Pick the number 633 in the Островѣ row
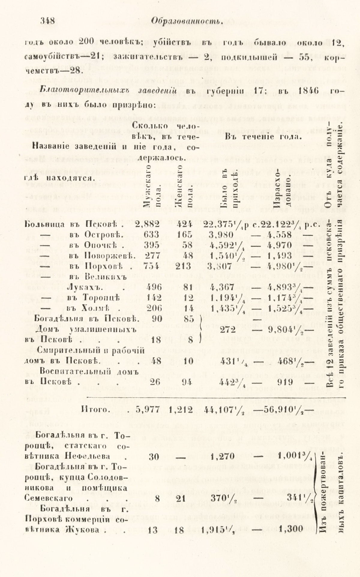click(151, 234)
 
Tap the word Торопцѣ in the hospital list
click(102, 298)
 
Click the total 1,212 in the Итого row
click(181, 410)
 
